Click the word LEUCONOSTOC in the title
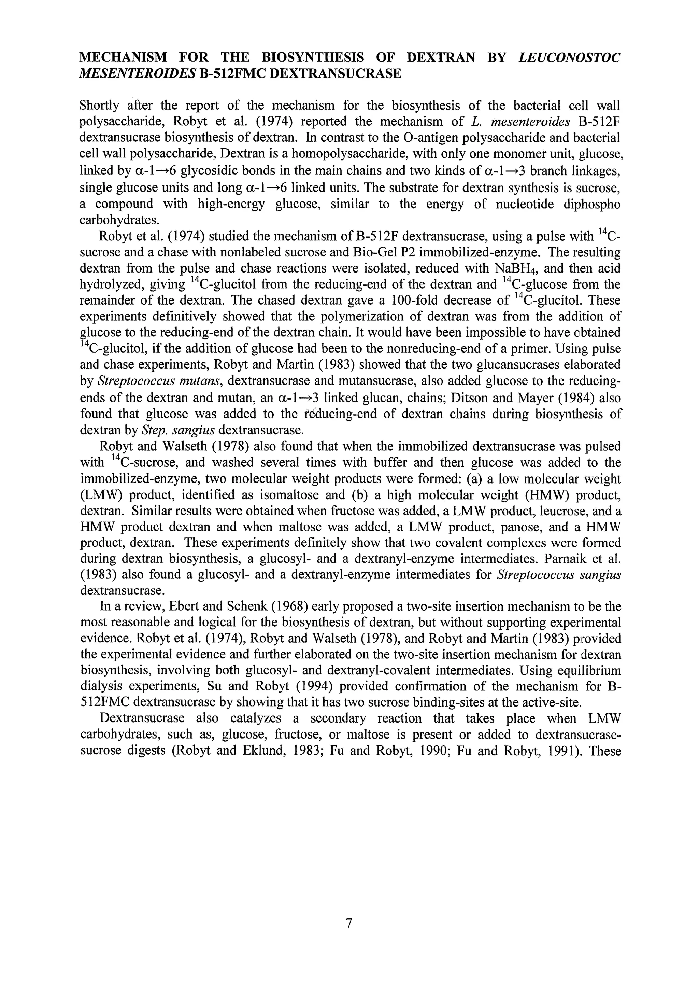pos(569,57)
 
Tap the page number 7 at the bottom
pos(349,923)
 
